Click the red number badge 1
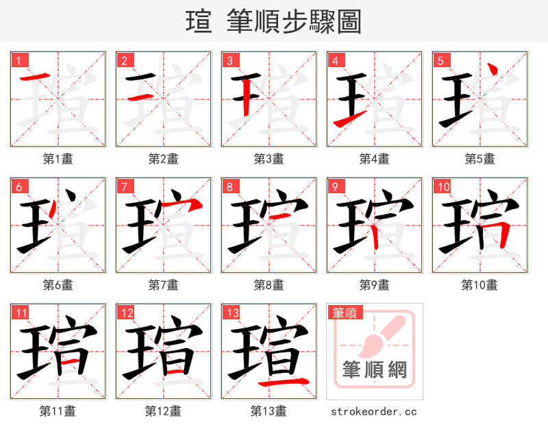(x=18, y=60)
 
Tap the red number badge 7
(x=123, y=186)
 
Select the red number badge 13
(x=230, y=313)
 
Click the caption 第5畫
(x=480, y=159)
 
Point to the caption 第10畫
(x=480, y=285)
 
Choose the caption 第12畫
(x=163, y=411)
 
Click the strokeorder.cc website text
(x=373, y=412)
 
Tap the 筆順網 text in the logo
(x=374, y=370)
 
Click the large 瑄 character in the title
(x=199, y=21)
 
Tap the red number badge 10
(x=442, y=186)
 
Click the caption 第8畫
(x=269, y=285)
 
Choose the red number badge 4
(x=334, y=60)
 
